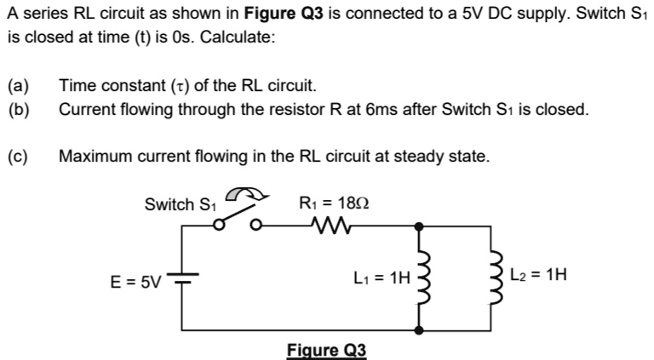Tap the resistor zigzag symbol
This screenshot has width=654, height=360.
pos(327,226)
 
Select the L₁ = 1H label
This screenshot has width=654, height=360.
pos(381,277)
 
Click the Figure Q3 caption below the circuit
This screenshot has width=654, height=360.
pos(326,350)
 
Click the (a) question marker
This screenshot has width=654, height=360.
pos(18,86)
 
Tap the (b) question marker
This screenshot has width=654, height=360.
pos(18,109)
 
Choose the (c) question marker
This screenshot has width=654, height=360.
pos(18,157)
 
